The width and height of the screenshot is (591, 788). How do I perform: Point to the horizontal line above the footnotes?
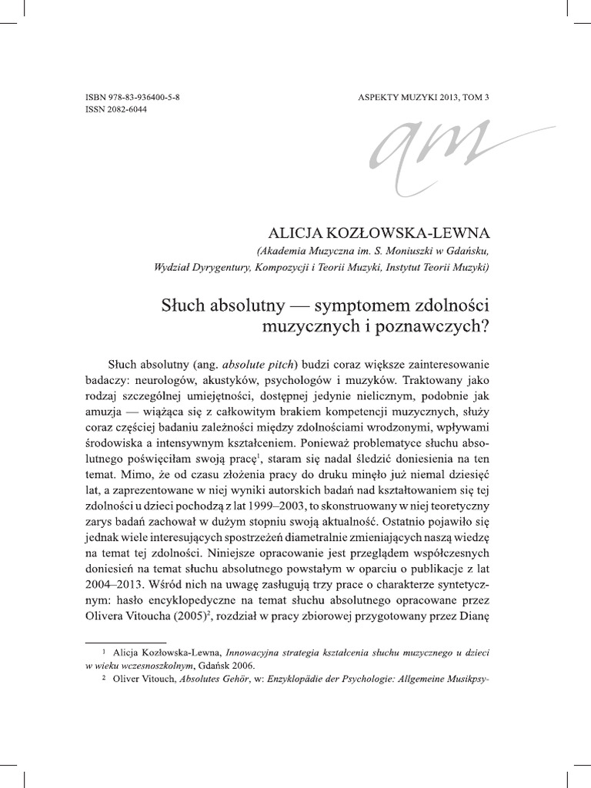click(x=125, y=641)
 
